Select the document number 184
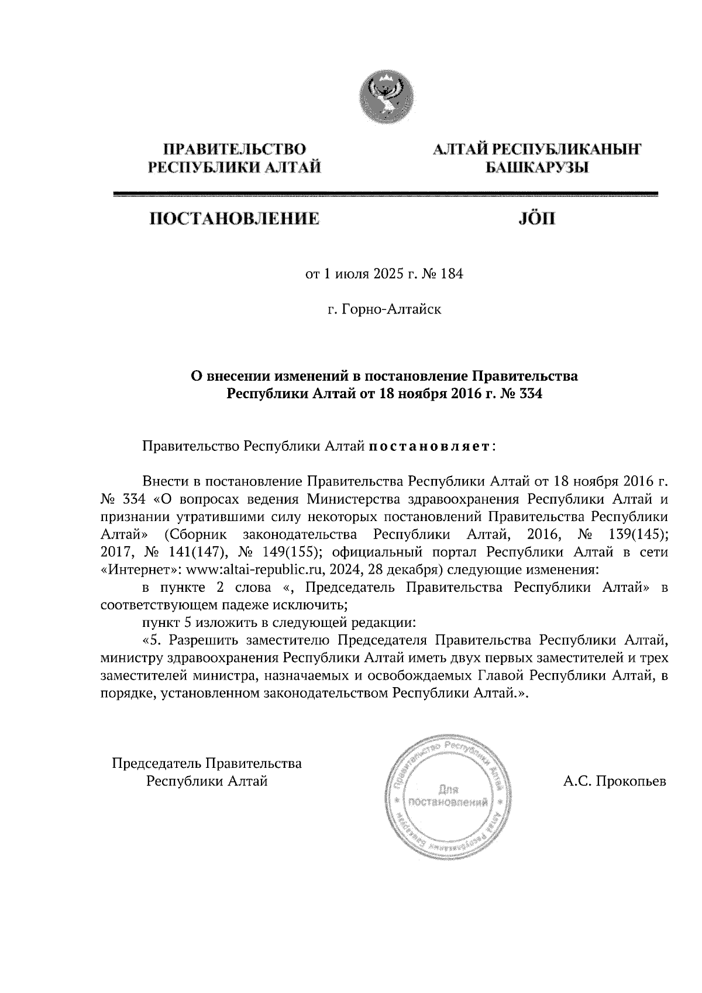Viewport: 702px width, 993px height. point(452,274)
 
